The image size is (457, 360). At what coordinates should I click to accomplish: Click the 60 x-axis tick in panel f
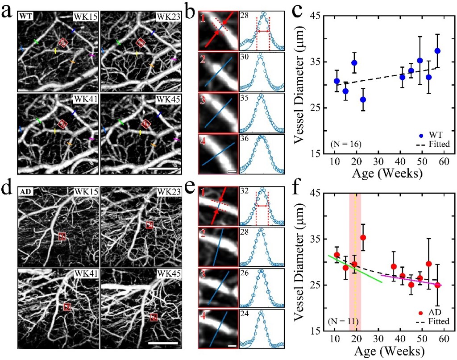(x=443, y=340)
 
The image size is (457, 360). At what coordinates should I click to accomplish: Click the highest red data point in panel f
(x=363, y=237)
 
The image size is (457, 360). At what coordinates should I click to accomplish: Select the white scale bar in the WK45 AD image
(x=162, y=343)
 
